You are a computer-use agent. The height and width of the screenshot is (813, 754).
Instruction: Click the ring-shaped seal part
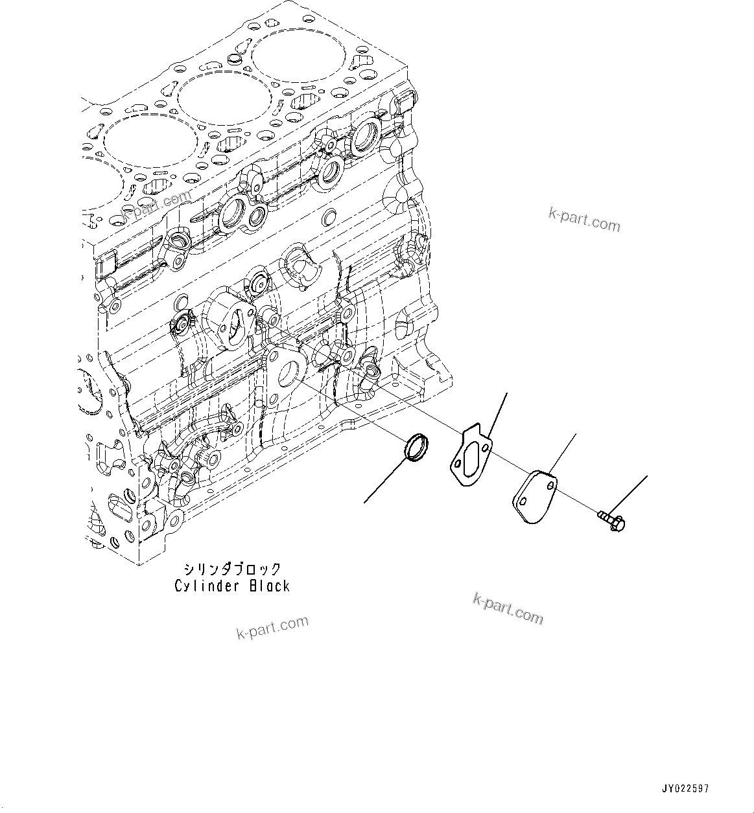pos(416,449)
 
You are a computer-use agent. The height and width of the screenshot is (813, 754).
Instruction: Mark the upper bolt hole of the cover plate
pos(550,483)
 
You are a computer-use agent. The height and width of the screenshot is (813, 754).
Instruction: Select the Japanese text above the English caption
pos(232,569)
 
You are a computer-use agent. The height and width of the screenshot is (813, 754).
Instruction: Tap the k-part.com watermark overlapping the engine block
pos(158,203)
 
